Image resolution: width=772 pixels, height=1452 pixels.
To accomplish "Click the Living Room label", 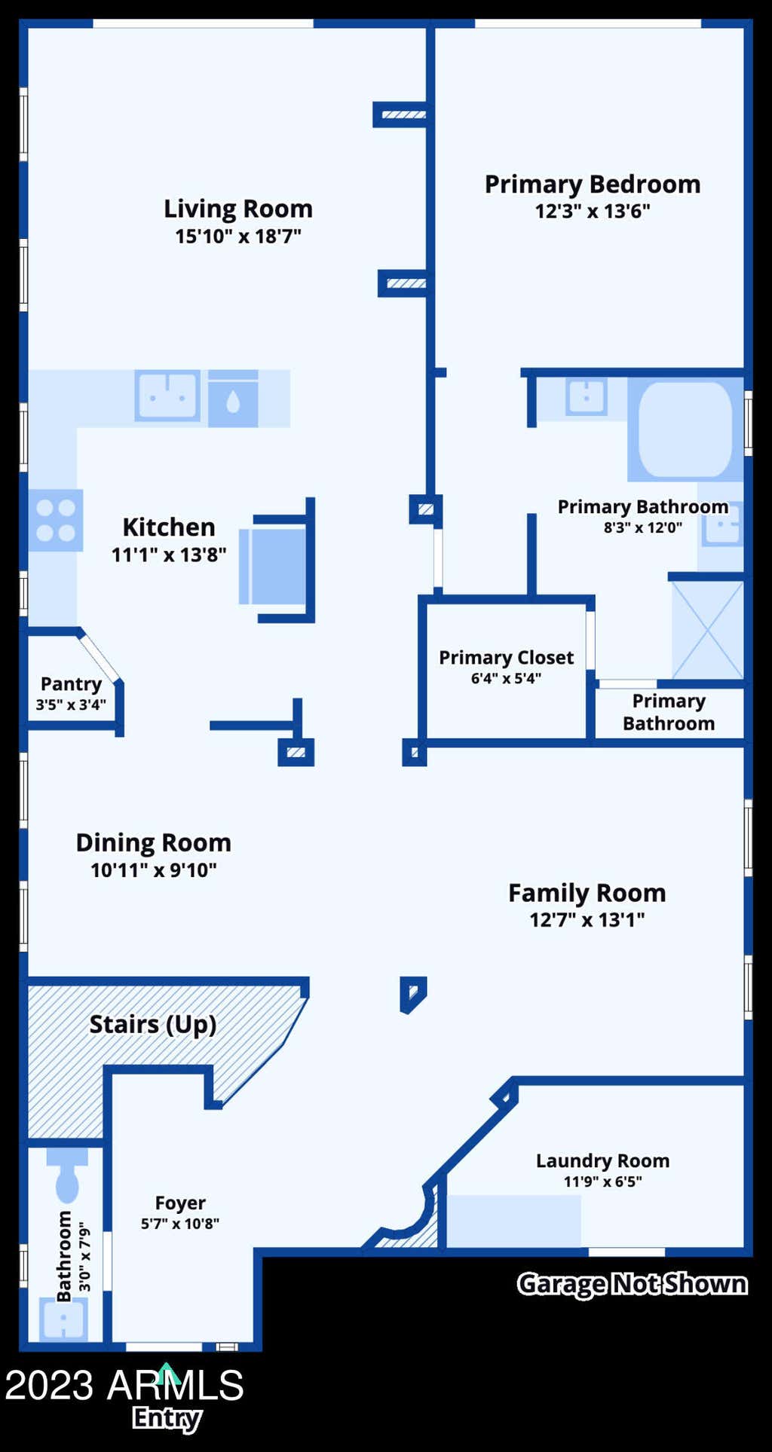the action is pos(238,209).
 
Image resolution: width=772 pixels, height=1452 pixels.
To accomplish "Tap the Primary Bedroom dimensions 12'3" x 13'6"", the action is pos(593,212).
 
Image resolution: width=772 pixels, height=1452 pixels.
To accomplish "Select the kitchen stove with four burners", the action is pos(56,520).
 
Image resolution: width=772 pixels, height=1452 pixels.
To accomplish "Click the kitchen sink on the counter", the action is pos(167,395).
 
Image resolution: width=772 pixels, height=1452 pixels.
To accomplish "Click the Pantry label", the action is pos(71,684).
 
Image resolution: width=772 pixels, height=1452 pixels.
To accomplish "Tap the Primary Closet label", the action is pos(507,658).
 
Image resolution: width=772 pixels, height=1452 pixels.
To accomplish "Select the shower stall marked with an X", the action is pos(707,630).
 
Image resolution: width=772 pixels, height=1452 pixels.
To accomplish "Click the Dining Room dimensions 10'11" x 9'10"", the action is pos(154,870).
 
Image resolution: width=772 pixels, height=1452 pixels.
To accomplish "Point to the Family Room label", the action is pos(587,894).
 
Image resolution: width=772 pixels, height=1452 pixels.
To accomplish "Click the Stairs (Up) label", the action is pos(153,1025).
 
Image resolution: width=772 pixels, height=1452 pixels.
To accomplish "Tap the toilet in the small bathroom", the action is pos(67,1175).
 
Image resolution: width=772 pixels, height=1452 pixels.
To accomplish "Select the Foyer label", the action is pos(180,1203).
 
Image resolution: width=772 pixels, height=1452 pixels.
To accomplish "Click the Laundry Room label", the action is pos(602,1161).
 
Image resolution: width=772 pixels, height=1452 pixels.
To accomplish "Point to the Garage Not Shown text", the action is pos(633,1284).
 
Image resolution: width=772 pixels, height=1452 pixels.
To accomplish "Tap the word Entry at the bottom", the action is pos(167,1419).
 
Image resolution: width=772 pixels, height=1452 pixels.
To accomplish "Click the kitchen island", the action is pos(273,566).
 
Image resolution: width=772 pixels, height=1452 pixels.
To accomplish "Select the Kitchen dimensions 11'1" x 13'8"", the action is pos(169,555).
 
